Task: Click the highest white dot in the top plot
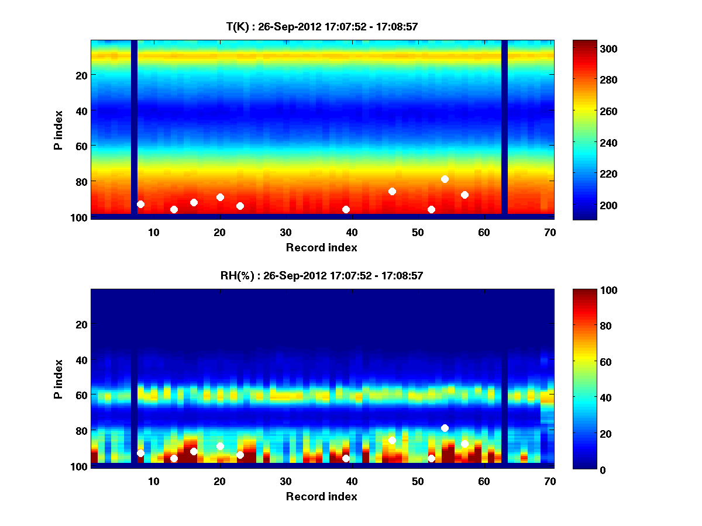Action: pos(445,179)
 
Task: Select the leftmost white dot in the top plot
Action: pos(140,204)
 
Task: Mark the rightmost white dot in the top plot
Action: pos(464,195)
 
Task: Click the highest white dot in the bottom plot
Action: pos(445,428)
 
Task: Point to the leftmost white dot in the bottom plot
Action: pos(140,453)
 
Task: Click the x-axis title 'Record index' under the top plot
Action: pos(321,247)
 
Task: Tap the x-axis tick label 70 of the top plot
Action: pos(550,232)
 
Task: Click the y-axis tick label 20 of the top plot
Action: pos(81,75)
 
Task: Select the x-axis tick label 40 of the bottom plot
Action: pos(352,481)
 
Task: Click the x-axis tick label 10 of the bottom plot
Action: pos(153,481)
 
